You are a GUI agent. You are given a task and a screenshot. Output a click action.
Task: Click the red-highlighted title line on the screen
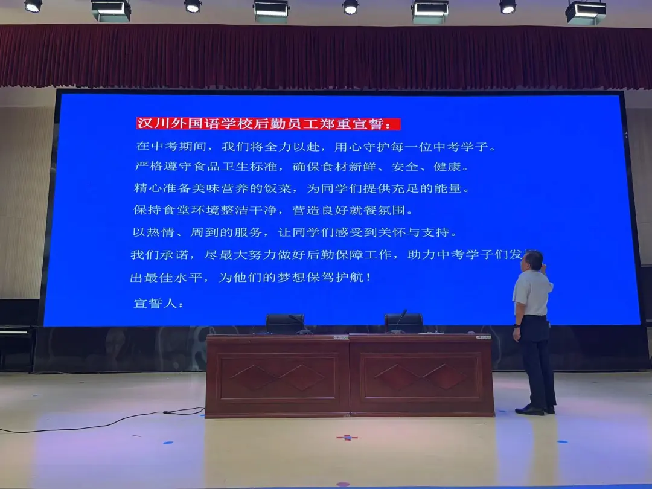[x=268, y=124]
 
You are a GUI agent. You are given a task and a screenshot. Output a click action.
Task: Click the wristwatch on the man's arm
[x=517, y=327]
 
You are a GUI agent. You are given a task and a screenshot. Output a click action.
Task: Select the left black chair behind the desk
[x=285, y=324]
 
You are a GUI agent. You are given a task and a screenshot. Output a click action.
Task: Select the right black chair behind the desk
[x=403, y=324]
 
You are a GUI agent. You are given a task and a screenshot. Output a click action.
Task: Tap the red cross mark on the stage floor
[x=347, y=438]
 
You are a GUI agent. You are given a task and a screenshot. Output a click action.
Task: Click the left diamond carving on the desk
[x=278, y=377]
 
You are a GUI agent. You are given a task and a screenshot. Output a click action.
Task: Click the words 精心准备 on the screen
[x=162, y=188]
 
